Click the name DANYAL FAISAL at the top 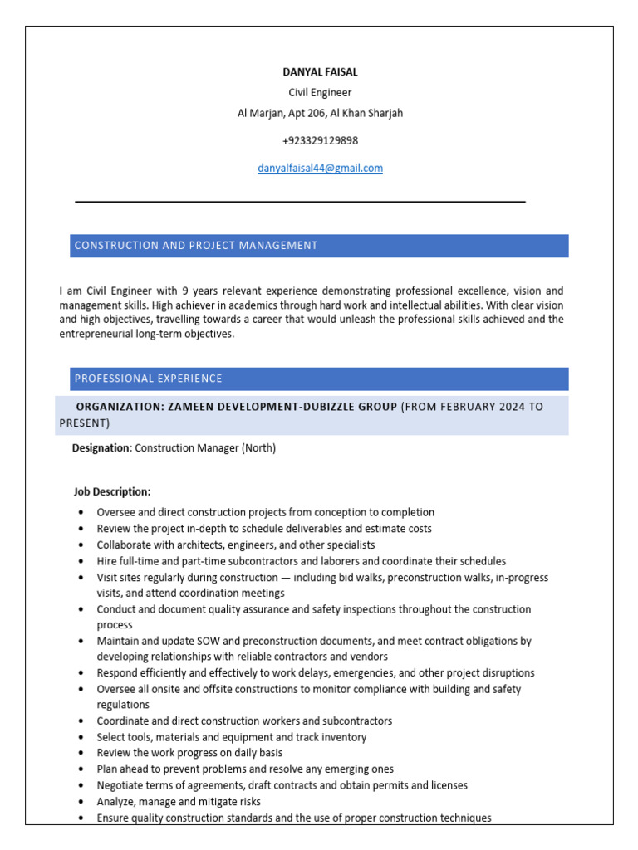coord(320,72)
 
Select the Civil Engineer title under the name coord(320,92)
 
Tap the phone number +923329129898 coord(320,140)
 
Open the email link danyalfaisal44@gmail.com coord(320,168)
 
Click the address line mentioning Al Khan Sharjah coord(320,113)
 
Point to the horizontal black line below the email coord(300,202)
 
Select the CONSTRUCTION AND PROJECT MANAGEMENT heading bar coord(319,246)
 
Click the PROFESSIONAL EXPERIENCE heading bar coord(319,379)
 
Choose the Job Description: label coord(112,491)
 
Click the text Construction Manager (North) coord(205,448)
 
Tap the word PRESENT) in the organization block coord(84,423)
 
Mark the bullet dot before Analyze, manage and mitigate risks coord(80,802)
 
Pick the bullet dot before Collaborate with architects coord(80,545)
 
